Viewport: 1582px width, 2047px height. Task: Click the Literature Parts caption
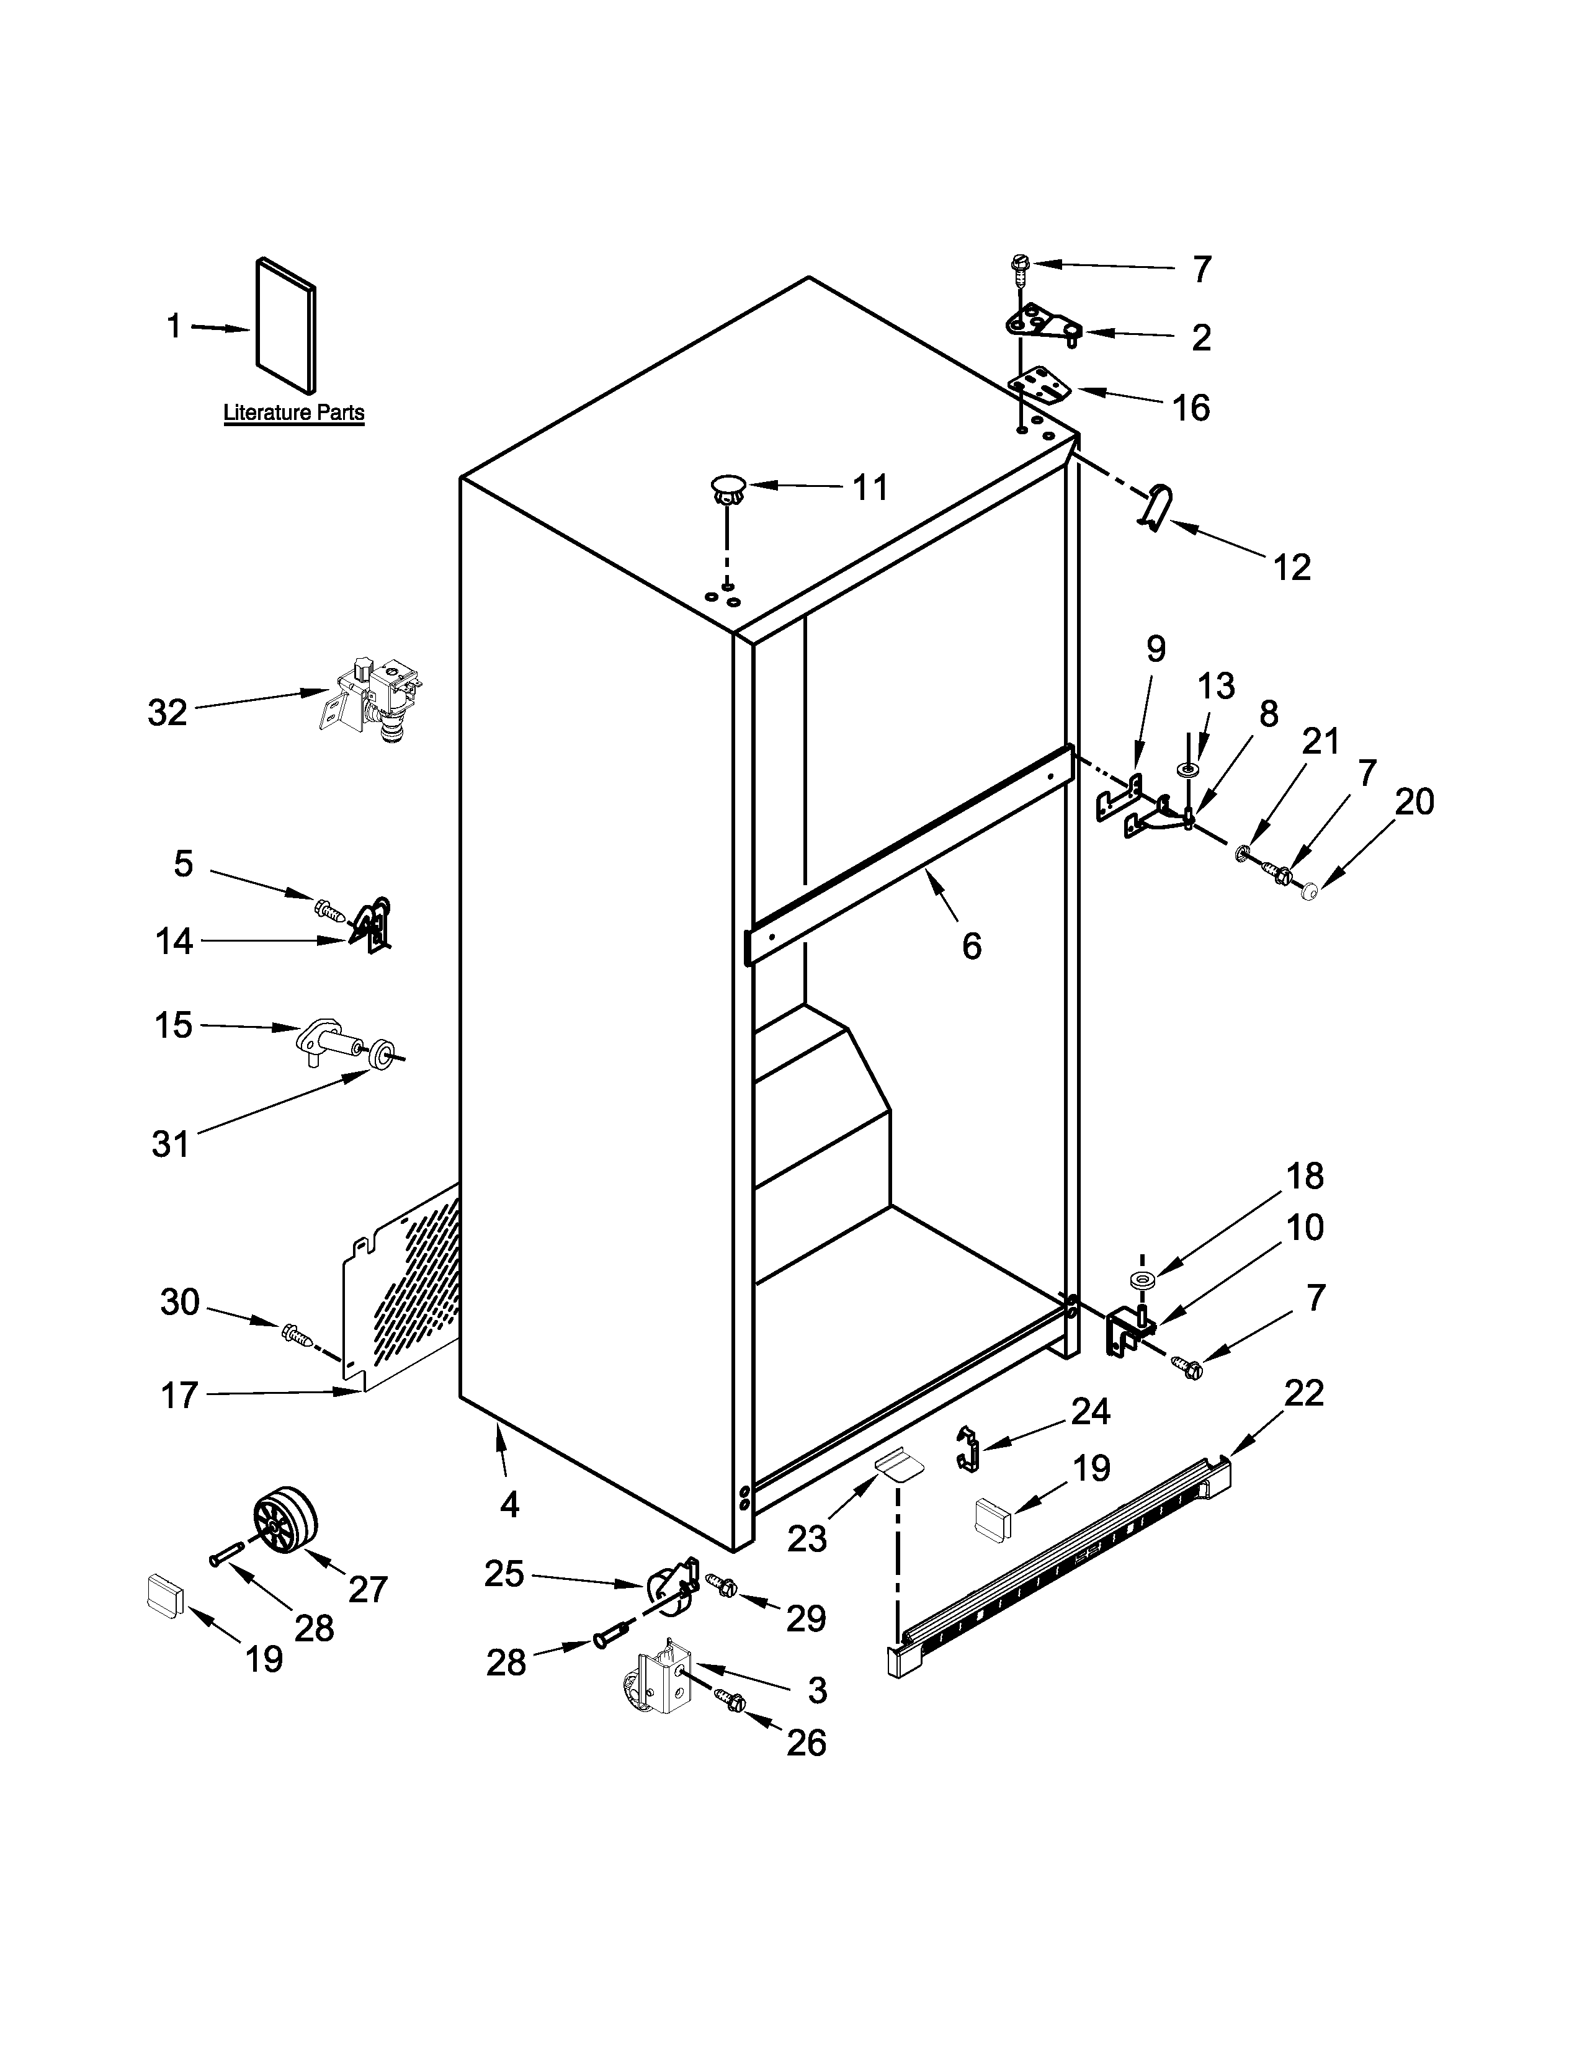tap(293, 413)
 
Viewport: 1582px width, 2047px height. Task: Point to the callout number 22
tap(1303, 1393)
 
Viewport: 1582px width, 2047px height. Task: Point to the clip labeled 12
tap(1155, 506)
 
